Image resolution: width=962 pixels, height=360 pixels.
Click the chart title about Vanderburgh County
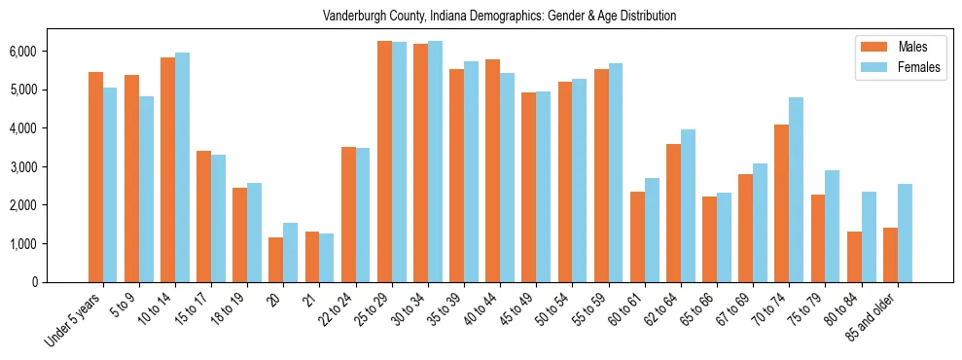[500, 17]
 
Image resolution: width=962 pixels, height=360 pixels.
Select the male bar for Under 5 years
[95, 177]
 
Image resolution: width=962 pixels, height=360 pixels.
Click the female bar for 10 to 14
[182, 167]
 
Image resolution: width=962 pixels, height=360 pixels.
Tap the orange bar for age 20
[276, 260]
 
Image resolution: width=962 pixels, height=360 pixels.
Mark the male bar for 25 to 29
[384, 162]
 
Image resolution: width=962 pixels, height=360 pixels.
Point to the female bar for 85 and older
[905, 233]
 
